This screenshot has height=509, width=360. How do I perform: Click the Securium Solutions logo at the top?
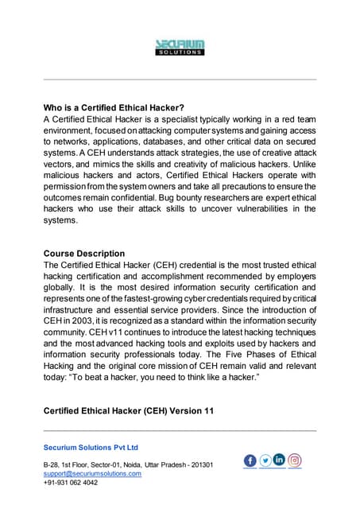[x=180, y=47]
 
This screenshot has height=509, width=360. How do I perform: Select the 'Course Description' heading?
[x=83, y=254]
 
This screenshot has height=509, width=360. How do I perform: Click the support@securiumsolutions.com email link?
[x=92, y=473]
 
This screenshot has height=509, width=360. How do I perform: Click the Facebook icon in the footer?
[x=250, y=460]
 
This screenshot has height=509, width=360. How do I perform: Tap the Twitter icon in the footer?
[x=265, y=460]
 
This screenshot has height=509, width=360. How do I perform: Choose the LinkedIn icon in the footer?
[x=280, y=460]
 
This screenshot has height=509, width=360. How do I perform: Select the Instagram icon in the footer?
[x=295, y=460]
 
